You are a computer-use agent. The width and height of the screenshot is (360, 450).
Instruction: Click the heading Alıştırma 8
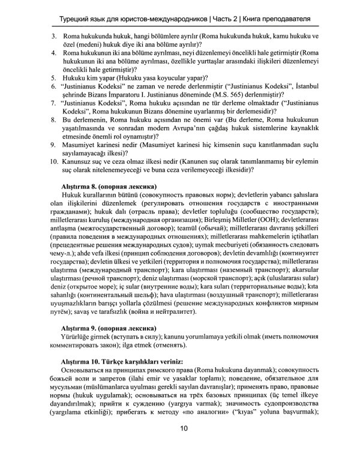click(x=83, y=186)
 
